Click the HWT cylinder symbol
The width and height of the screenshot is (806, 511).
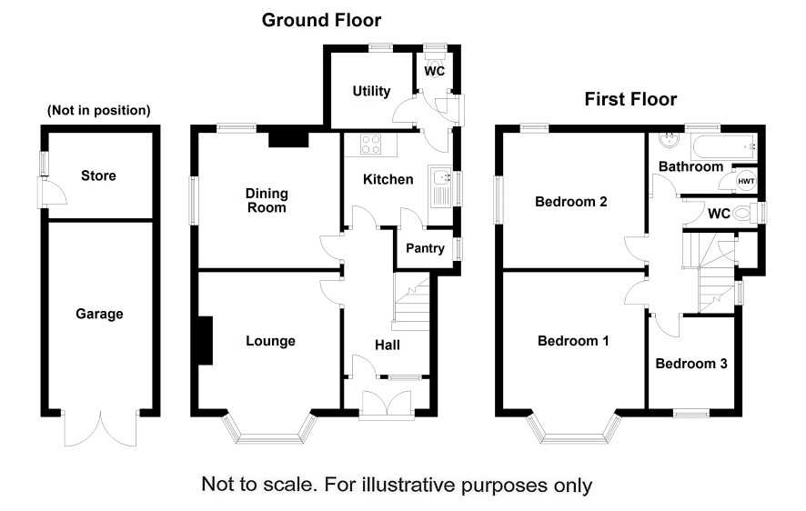click(746, 181)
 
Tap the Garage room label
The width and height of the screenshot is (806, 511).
click(99, 314)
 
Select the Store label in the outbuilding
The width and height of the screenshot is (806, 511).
click(98, 175)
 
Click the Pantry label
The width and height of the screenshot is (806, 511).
click(423, 247)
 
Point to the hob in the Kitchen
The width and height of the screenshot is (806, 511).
click(370, 144)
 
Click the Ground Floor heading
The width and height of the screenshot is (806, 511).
click(321, 20)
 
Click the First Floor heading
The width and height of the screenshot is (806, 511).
click(630, 99)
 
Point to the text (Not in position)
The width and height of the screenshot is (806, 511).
click(98, 111)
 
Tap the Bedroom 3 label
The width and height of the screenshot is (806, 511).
click(691, 364)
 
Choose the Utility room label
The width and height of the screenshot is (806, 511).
click(371, 91)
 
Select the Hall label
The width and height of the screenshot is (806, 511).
click(388, 344)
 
